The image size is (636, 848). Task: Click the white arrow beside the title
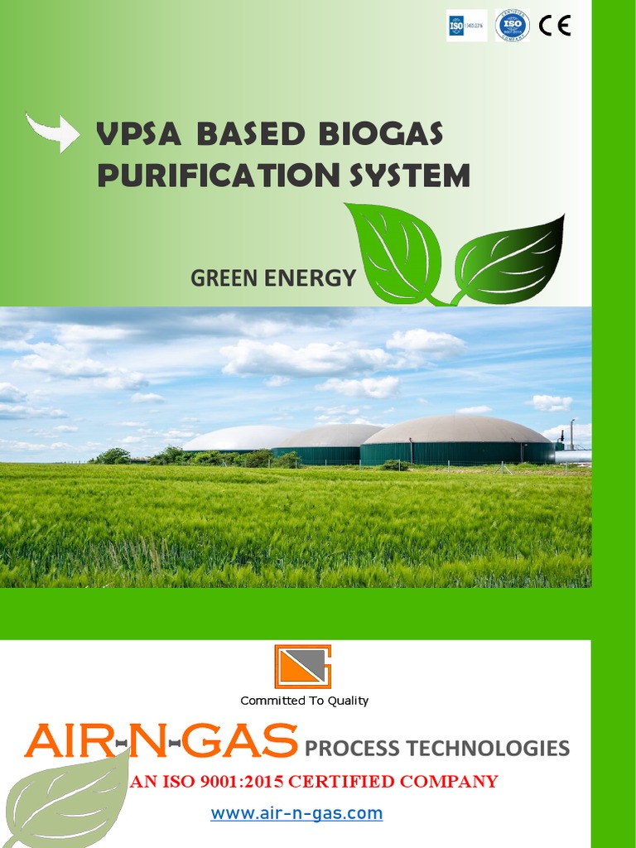pos(52,132)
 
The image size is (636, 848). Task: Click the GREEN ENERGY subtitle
pos(272,278)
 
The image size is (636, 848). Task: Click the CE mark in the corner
pos(554,26)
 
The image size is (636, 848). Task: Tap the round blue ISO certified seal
pos(512,26)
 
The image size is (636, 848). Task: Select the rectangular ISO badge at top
pos(466,26)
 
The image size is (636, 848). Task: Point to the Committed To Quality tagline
pos(304,701)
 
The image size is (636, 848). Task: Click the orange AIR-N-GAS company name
pos(161,741)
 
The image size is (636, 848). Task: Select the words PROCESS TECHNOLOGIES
pos(437,749)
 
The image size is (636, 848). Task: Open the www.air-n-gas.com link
pos(296,813)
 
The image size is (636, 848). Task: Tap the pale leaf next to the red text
pos(66,799)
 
